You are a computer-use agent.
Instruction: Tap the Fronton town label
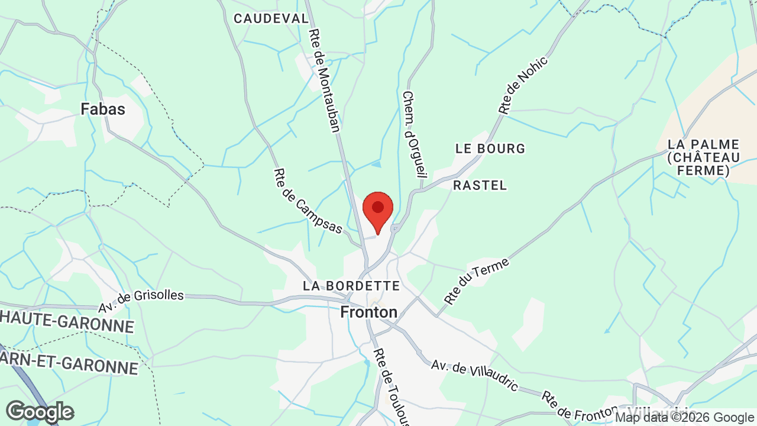368,312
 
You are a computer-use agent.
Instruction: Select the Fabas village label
103,109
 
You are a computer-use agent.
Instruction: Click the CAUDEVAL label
271,18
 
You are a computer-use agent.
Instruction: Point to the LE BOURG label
490,149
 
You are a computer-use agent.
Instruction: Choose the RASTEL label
480,185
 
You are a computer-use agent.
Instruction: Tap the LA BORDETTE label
351,286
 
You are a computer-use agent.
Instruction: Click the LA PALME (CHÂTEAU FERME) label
704,157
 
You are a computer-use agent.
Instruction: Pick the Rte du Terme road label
476,282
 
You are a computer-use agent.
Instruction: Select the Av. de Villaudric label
475,376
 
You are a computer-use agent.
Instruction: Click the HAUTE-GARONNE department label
67,324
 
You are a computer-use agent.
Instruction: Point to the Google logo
40,412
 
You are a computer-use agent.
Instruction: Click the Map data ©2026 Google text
685,418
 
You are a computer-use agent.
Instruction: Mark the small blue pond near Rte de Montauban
376,163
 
